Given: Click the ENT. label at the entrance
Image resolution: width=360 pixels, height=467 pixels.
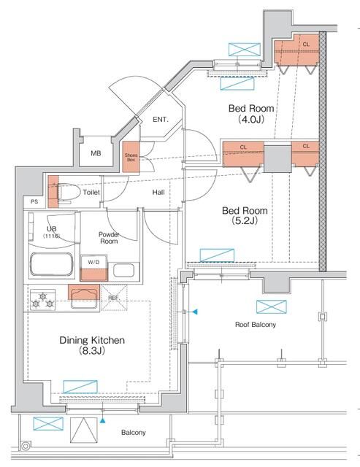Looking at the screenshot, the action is pos(161,120).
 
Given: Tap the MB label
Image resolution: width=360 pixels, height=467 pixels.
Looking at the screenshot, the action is pos(96,153).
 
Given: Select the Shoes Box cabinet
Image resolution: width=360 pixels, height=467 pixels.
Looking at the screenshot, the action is pos(131,157).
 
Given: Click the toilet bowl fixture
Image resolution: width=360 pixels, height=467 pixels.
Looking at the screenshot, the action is pos(69,193).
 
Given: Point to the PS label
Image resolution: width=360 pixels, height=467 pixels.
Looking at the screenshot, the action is pos(34,201).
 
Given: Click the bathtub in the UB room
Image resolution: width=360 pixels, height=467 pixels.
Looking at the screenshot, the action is pos(52,265).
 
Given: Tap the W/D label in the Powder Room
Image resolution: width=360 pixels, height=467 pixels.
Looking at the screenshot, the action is pos(93,262).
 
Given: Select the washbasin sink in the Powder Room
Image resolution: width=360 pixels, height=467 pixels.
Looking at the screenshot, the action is pos(124,271).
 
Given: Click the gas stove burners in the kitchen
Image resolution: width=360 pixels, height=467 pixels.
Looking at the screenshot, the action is pos(42,300).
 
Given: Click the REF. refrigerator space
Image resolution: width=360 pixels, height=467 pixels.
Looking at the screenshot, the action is pos(114,298).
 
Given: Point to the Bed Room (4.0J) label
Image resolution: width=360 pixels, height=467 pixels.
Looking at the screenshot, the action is pos(251,114).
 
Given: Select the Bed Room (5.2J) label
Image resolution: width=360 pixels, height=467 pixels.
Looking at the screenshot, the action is pos(245,215).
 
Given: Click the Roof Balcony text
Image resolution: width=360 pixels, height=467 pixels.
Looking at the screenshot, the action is pos(256,324).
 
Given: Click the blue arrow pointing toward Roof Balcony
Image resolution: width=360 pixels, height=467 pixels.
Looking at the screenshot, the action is pos(194,312).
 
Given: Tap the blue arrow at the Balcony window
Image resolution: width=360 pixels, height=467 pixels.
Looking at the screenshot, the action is pos(102,420).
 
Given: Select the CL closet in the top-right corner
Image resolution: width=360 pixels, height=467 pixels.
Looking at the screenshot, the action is pos(296,50).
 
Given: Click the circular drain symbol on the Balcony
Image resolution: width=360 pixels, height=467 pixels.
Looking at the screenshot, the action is pos(26,446).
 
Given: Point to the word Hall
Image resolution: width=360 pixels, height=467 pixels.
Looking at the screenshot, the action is pos(158,193).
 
